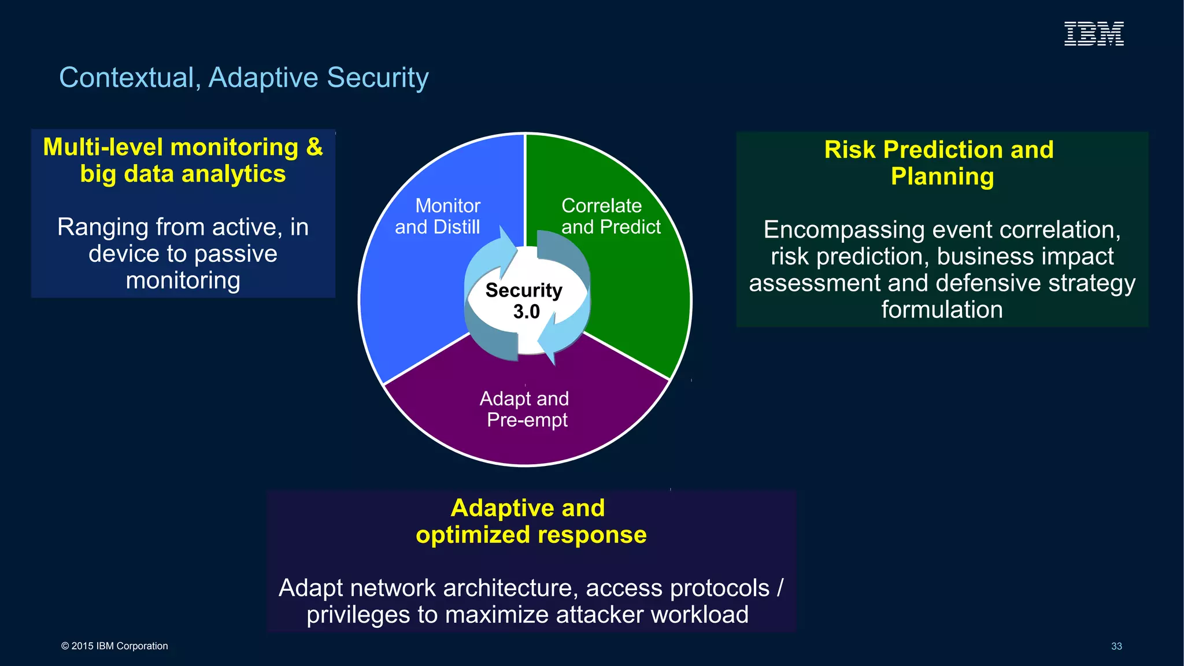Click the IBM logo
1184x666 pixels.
click(1094, 34)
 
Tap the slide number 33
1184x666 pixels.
click(1116, 646)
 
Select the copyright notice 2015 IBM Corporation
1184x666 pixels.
click(114, 646)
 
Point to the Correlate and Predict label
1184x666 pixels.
click(610, 216)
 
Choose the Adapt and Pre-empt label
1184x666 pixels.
click(525, 409)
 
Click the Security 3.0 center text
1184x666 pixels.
click(524, 301)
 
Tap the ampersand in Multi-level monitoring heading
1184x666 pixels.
click(314, 147)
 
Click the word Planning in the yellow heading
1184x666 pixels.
click(942, 176)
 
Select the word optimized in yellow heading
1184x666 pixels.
click(472, 535)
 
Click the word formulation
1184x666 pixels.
click(942, 309)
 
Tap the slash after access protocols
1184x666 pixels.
click(780, 588)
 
